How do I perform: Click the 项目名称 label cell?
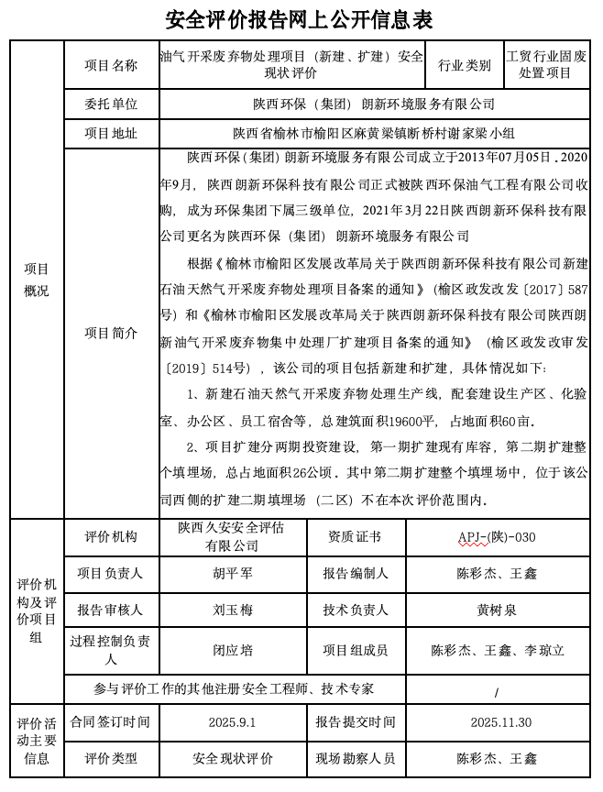click(x=111, y=65)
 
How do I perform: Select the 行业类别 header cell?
click(x=464, y=65)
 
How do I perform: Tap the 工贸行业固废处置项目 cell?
click(x=546, y=65)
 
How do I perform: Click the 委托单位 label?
click(x=111, y=104)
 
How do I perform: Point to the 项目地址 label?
click(x=111, y=133)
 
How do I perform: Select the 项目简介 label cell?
click(x=111, y=333)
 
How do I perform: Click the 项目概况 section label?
click(x=37, y=280)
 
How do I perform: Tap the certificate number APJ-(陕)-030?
click(x=496, y=537)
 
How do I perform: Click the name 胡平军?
click(x=232, y=573)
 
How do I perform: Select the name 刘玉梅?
click(x=232, y=609)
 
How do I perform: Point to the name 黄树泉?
click(x=496, y=609)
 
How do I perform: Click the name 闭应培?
click(x=232, y=650)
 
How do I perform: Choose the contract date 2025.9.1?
click(x=232, y=722)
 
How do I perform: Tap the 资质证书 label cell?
click(x=355, y=537)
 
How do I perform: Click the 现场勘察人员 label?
click(x=355, y=758)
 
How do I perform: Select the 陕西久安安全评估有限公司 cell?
click(x=232, y=536)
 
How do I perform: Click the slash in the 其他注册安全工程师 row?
click(x=496, y=691)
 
